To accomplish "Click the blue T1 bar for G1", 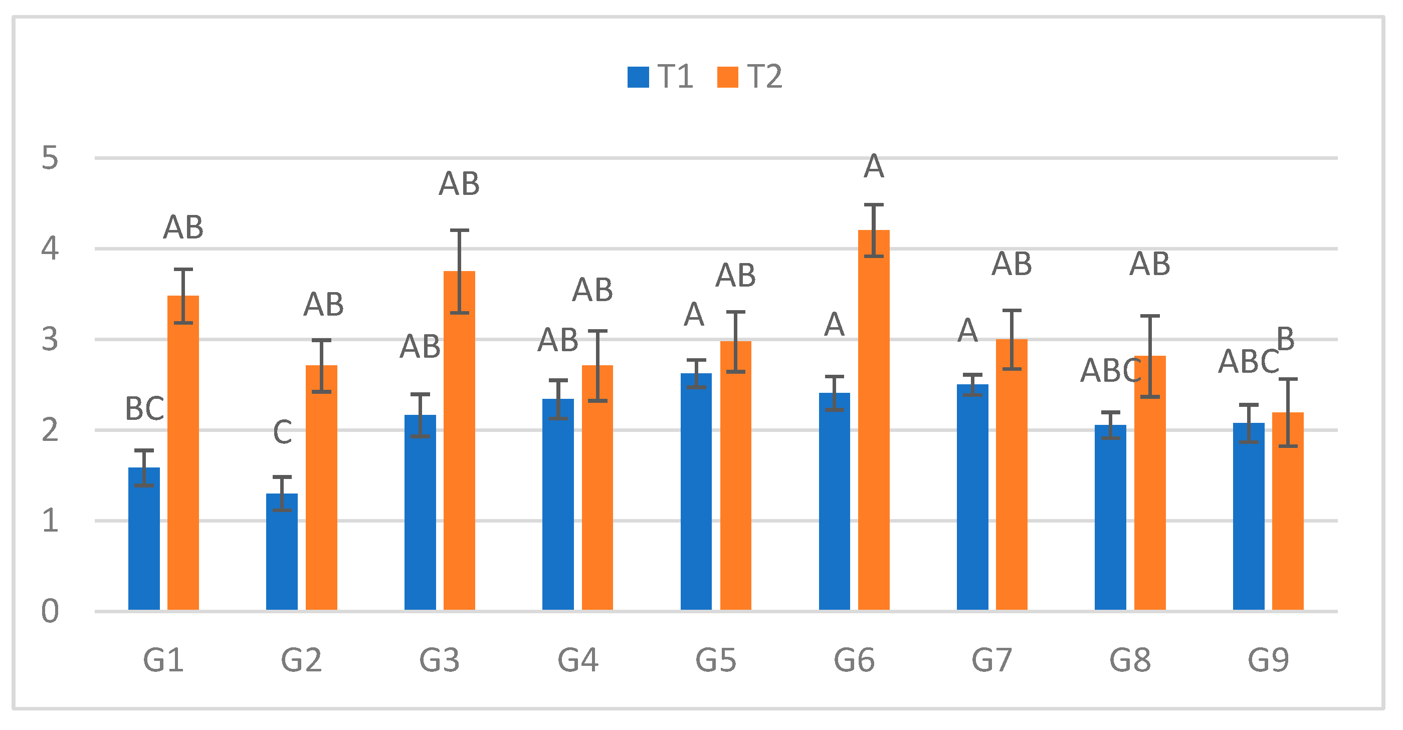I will click(144, 539).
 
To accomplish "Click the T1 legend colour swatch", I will click(638, 77).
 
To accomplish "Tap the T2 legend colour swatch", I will click(727, 77).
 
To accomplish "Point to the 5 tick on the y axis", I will click(50, 158).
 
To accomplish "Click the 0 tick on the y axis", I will click(50, 611).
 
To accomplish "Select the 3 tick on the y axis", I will click(50, 340).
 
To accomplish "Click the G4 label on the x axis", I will click(577, 660).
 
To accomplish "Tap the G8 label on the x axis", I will click(1130, 660).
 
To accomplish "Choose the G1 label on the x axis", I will click(163, 660).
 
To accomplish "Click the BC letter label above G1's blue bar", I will click(144, 409).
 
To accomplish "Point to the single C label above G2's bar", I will click(282, 433).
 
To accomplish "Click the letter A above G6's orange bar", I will click(874, 166).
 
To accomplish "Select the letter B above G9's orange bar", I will click(1285, 339).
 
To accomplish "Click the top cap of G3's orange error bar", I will click(459, 230).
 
